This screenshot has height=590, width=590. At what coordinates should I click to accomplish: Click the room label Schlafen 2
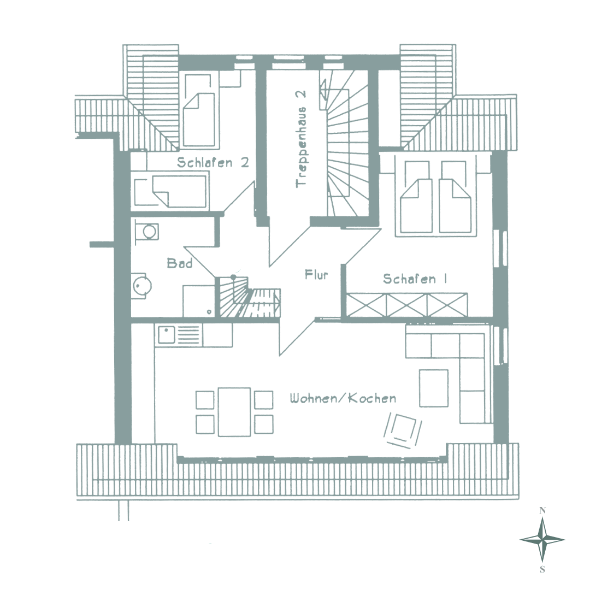213,162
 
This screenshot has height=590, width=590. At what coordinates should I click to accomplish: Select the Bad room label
180,263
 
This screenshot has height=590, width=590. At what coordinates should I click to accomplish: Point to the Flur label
316,275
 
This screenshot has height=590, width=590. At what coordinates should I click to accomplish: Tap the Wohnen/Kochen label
343,398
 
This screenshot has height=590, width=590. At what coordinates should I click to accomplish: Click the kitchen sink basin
166,335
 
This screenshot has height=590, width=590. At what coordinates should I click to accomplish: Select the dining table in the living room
234,412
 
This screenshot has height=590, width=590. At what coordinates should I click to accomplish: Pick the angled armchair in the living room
403,430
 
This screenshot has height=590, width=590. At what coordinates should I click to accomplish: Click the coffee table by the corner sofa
433,388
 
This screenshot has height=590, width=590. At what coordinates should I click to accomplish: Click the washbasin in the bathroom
147,232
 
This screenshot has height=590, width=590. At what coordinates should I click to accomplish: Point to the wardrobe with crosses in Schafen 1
407,305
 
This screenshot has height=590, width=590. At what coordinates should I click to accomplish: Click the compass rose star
542,540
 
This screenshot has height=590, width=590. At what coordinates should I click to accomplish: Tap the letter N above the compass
542,511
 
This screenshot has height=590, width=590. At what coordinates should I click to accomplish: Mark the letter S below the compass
542,570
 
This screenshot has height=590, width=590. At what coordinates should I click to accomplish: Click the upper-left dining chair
205,400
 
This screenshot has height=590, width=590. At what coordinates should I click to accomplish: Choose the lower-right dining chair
263,424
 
